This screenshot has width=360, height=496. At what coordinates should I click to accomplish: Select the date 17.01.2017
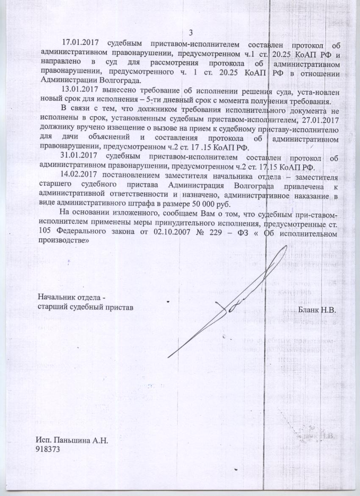(x=80, y=43)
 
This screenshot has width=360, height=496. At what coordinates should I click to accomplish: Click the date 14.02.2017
(x=80, y=175)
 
